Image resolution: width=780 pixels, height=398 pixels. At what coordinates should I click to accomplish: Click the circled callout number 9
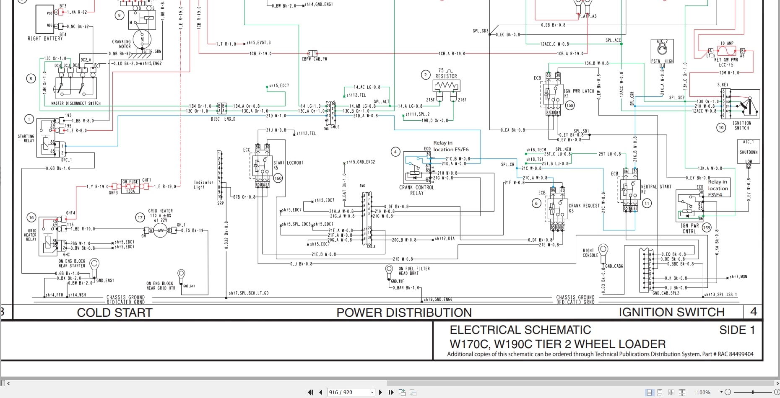(x=120, y=16)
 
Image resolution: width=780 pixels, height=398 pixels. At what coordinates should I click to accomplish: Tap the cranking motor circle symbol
(x=142, y=39)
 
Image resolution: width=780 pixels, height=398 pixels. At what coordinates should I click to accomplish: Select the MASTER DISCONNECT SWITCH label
(x=76, y=103)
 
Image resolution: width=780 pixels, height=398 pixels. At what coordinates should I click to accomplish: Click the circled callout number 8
(x=31, y=78)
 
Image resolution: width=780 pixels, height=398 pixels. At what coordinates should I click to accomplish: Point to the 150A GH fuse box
(x=130, y=186)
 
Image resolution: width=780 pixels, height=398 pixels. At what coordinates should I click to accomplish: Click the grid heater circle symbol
(x=160, y=230)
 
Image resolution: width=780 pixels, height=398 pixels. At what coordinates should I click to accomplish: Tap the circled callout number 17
(x=140, y=217)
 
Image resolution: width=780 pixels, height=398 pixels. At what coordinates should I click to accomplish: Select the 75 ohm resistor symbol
(x=446, y=86)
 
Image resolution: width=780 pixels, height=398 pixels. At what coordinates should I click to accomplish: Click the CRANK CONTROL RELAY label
(x=416, y=190)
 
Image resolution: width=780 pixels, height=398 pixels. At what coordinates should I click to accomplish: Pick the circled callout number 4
(x=395, y=152)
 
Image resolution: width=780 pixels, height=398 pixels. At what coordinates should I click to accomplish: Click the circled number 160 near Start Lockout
(x=278, y=178)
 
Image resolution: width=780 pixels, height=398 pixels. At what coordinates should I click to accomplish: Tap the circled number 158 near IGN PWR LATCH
(x=569, y=105)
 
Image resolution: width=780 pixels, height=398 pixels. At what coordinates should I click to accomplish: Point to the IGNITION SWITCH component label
(x=741, y=125)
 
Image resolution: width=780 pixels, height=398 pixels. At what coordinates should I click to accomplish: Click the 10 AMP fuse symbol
(x=727, y=51)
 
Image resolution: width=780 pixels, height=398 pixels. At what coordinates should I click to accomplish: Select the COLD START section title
(x=114, y=313)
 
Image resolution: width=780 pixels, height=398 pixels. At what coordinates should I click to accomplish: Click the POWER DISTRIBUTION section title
(x=404, y=313)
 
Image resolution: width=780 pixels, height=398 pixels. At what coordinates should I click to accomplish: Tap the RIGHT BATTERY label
(x=45, y=39)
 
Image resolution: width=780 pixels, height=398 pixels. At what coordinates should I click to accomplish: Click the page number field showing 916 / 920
(x=350, y=392)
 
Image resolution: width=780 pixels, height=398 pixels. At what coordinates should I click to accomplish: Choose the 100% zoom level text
(x=703, y=392)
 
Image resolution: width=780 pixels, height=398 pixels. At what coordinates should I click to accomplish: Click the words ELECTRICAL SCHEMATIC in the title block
(x=520, y=330)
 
